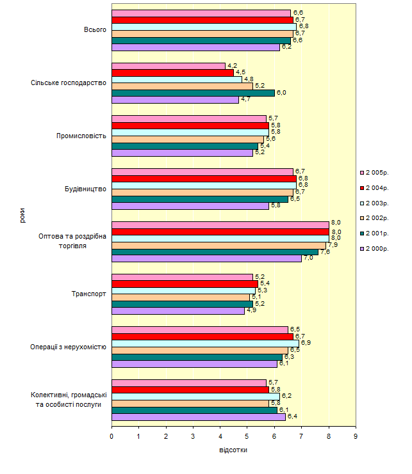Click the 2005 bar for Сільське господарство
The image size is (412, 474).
point(169,66)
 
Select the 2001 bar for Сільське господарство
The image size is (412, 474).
point(193,93)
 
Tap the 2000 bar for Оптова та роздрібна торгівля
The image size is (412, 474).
point(206,258)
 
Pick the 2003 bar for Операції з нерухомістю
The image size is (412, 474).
point(205,343)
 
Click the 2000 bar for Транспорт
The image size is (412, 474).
point(178,311)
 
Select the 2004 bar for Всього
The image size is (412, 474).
point(202,20)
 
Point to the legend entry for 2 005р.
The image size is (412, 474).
point(377,173)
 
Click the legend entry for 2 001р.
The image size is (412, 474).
point(377,233)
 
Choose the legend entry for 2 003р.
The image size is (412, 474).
point(377,203)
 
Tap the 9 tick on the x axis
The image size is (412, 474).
point(356,436)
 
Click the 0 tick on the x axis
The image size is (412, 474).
point(111,436)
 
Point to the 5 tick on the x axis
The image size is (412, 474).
point(247,436)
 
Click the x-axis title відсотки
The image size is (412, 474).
point(233,450)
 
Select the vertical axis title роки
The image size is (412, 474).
point(22,218)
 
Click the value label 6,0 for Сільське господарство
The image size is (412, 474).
point(281,93)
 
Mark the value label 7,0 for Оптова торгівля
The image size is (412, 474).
point(308,258)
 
